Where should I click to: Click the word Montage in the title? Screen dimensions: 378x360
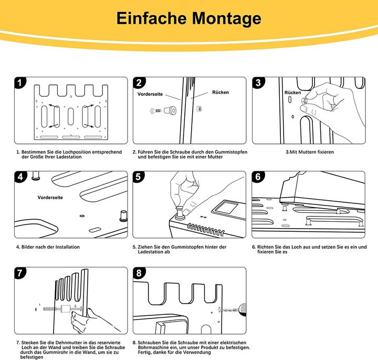226,19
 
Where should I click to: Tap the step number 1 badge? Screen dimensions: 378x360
20,83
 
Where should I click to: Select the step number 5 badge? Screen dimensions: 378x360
139,177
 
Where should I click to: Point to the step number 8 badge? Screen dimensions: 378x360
139,273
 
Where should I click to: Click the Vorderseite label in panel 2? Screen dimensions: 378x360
150,94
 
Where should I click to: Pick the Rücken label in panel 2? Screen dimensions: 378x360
220,92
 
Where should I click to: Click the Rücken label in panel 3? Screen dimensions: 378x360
292,92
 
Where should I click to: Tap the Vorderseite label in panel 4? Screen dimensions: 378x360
50,198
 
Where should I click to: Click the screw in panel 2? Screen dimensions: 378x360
156,111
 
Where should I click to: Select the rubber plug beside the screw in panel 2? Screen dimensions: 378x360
170,110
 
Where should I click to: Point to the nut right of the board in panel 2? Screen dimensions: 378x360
199,109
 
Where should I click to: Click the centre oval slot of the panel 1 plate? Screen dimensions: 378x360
71,117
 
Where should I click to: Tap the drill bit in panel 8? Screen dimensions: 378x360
228,310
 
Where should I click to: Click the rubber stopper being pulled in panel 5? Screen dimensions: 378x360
180,213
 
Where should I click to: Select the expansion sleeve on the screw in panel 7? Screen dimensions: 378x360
65,309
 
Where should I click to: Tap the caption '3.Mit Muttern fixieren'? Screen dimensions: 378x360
310,152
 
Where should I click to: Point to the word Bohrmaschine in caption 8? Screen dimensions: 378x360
153,347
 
